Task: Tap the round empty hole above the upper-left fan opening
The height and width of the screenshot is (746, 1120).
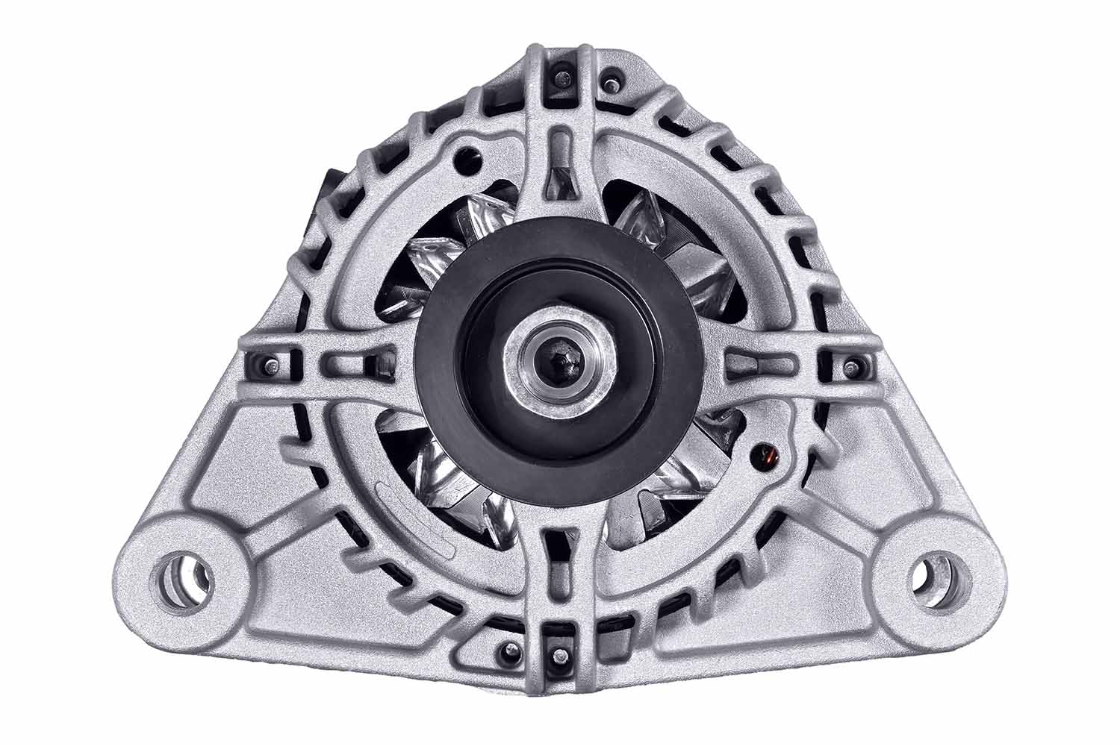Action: point(468,156)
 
